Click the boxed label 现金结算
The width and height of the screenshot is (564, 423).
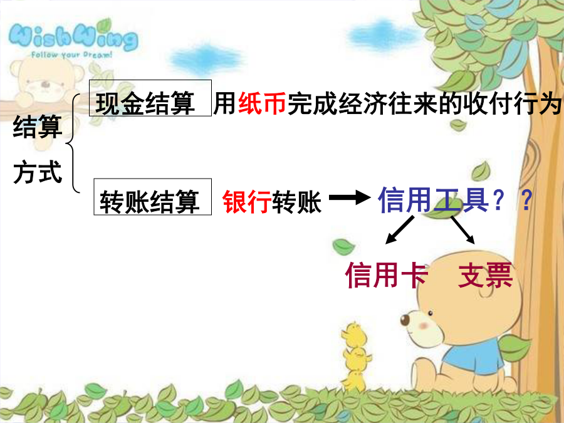coord(150,98)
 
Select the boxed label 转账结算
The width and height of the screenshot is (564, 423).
coord(152,197)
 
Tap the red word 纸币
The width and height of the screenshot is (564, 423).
coord(262,103)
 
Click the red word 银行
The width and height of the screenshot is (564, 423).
coord(247,202)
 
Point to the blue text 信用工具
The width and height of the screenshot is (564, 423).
coord(433,200)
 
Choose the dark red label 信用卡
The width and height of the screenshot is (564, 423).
coord(387,275)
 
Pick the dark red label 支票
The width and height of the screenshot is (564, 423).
coord(485,275)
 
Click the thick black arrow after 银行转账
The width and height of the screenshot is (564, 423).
coord(350,197)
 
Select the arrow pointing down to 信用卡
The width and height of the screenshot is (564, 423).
coord(400,230)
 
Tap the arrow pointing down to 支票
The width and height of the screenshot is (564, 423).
coord(463,230)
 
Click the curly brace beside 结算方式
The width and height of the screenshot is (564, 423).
coord(73,144)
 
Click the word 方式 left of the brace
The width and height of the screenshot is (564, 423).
coord(38,172)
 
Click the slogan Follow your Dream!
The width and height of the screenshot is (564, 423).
coord(71,55)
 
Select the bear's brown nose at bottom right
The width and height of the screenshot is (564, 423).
coord(405,320)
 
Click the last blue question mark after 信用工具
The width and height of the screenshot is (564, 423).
coord(526,201)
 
